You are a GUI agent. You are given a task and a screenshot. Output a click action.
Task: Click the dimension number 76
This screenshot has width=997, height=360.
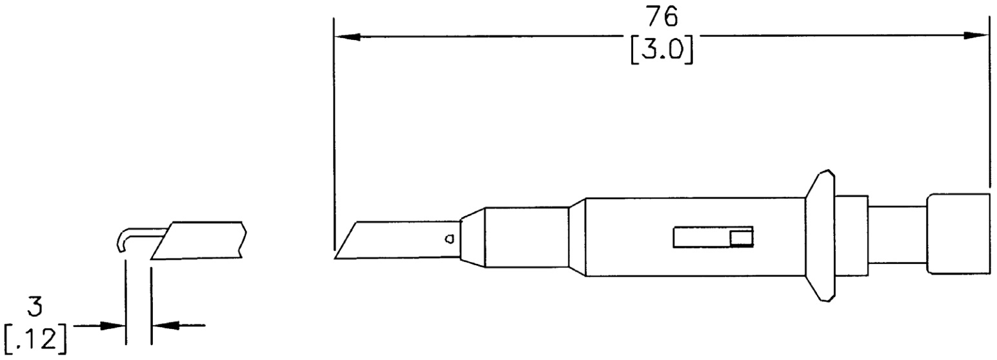tap(662, 17)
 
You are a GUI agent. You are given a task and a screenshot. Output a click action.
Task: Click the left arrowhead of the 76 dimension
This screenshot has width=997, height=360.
tap(347, 37)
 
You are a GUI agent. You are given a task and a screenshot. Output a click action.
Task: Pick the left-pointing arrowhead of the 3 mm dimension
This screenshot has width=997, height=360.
tap(165, 326)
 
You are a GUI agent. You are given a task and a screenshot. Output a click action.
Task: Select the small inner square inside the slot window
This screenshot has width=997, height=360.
tap(741, 238)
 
